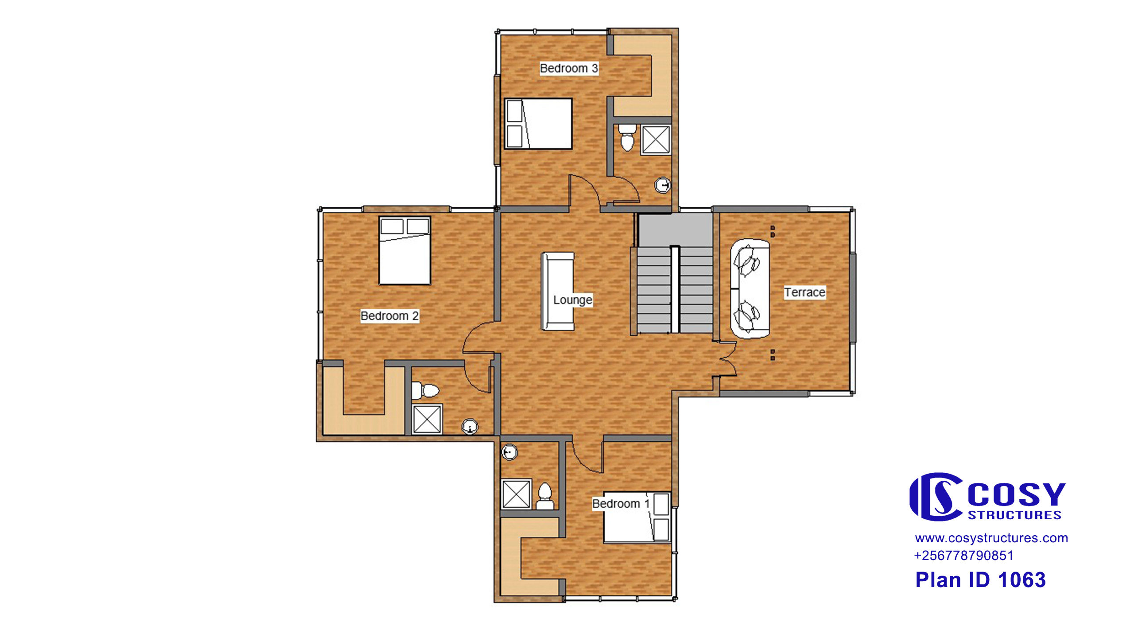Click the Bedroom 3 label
[x=569, y=68]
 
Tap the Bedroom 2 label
[x=389, y=316]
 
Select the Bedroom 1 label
[x=621, y=504]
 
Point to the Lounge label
[x=572, y=300]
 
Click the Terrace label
[x=804, y=292]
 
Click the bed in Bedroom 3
[x=538, y=124]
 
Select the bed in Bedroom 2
[x=405, y=250]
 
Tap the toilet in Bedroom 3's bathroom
[x=627, y=138]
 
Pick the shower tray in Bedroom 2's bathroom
[x=427, y=419]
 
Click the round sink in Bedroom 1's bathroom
[x=509, y=452]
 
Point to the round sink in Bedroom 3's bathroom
[x=663, y=185]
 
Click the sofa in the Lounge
[x=558, y=292]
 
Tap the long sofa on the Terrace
[x=750, y=289]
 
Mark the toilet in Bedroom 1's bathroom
[x=545, y=496]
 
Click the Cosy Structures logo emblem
[x=936, y=497]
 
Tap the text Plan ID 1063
[x=980, y=580]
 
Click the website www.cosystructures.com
[x=991, y=538]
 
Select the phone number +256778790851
[x=964, y=556]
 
